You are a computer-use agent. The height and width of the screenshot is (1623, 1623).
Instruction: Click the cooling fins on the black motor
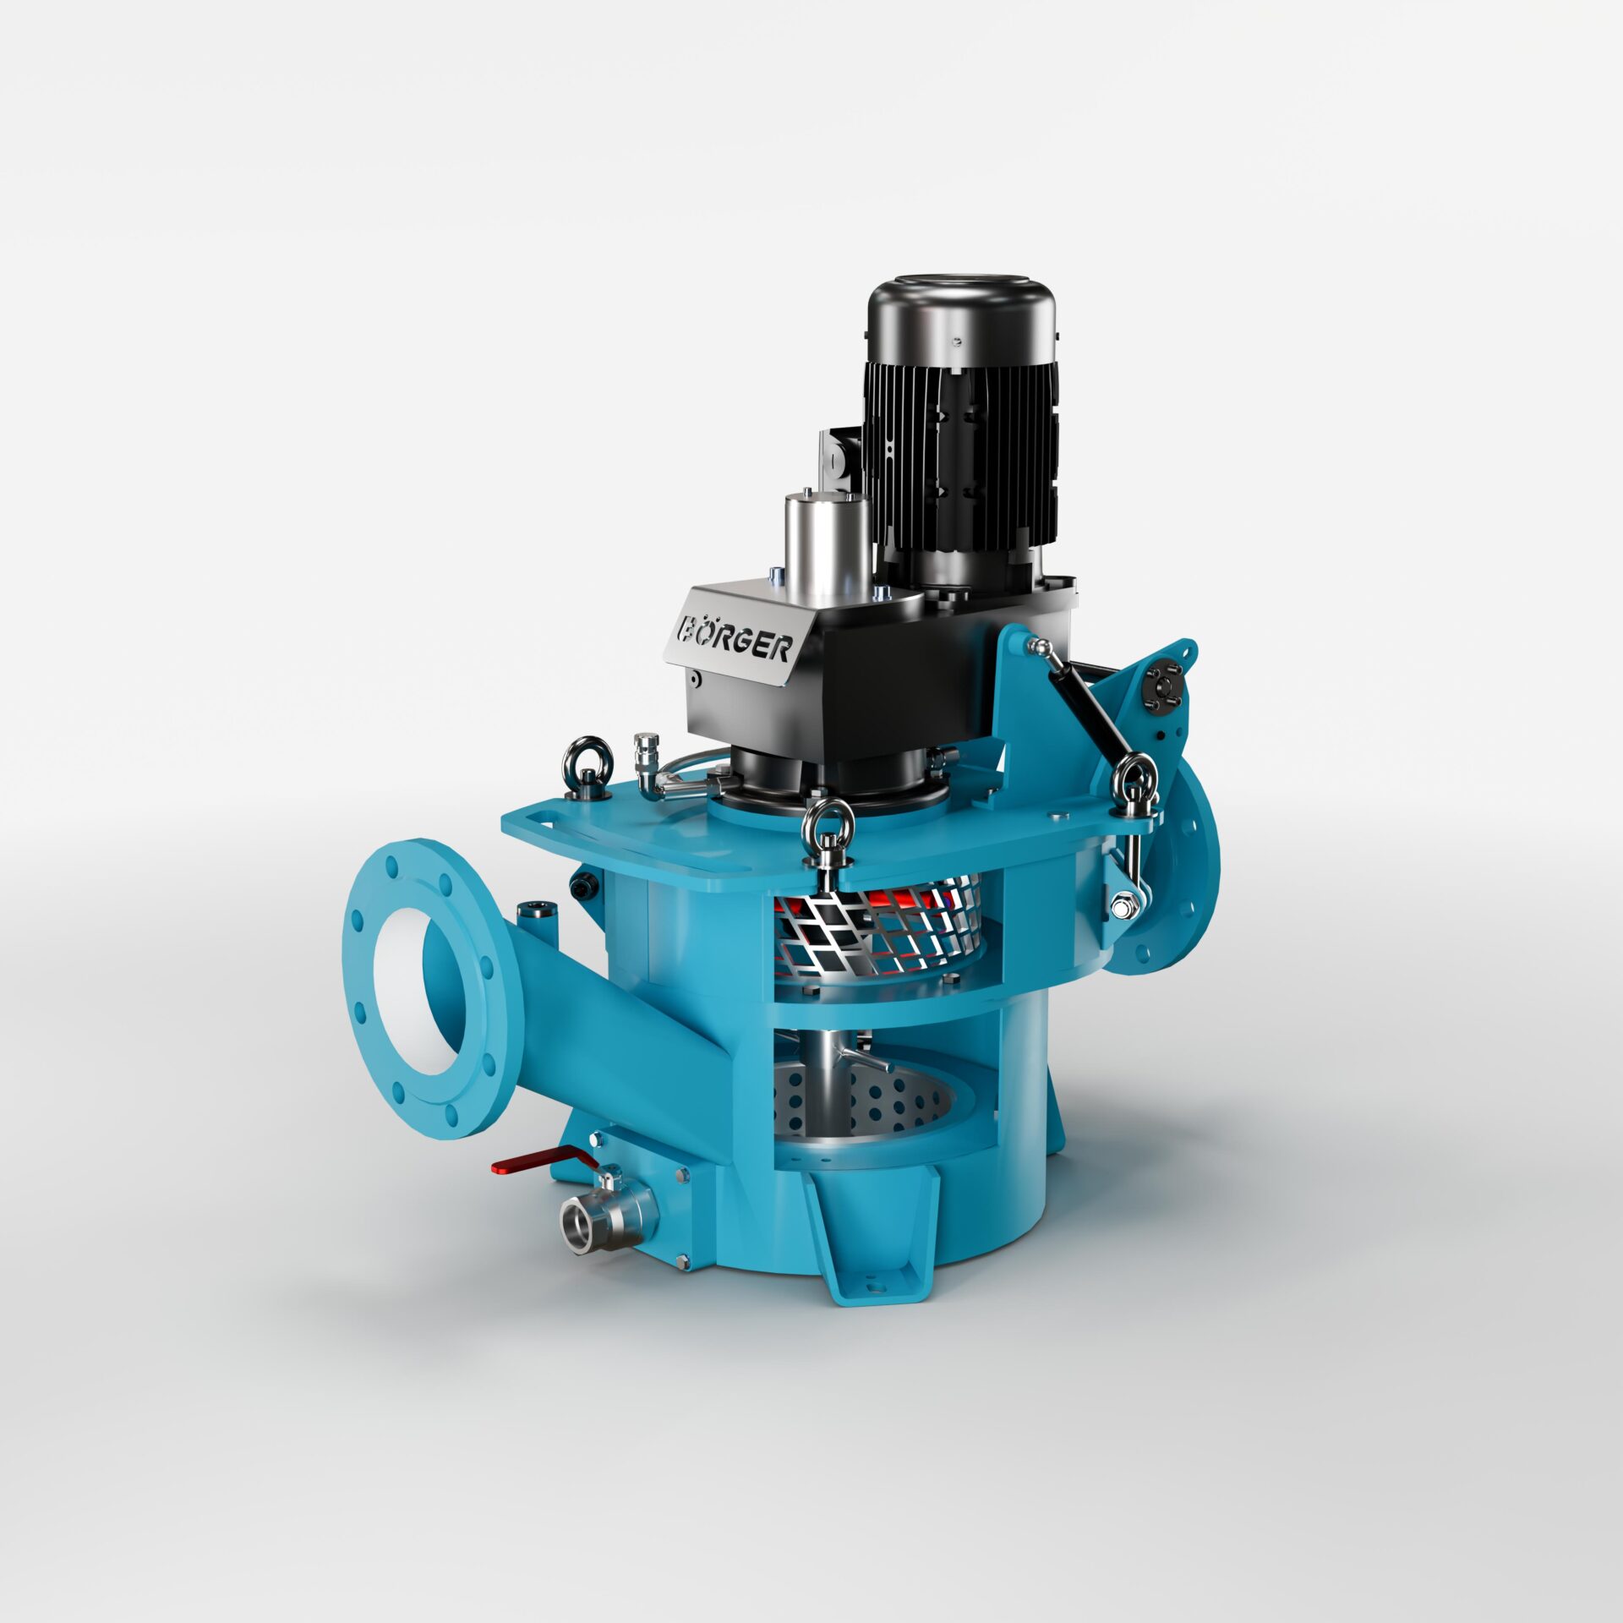tap(964, 456)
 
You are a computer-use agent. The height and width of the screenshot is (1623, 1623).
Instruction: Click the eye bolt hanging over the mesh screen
tap(828, 837)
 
